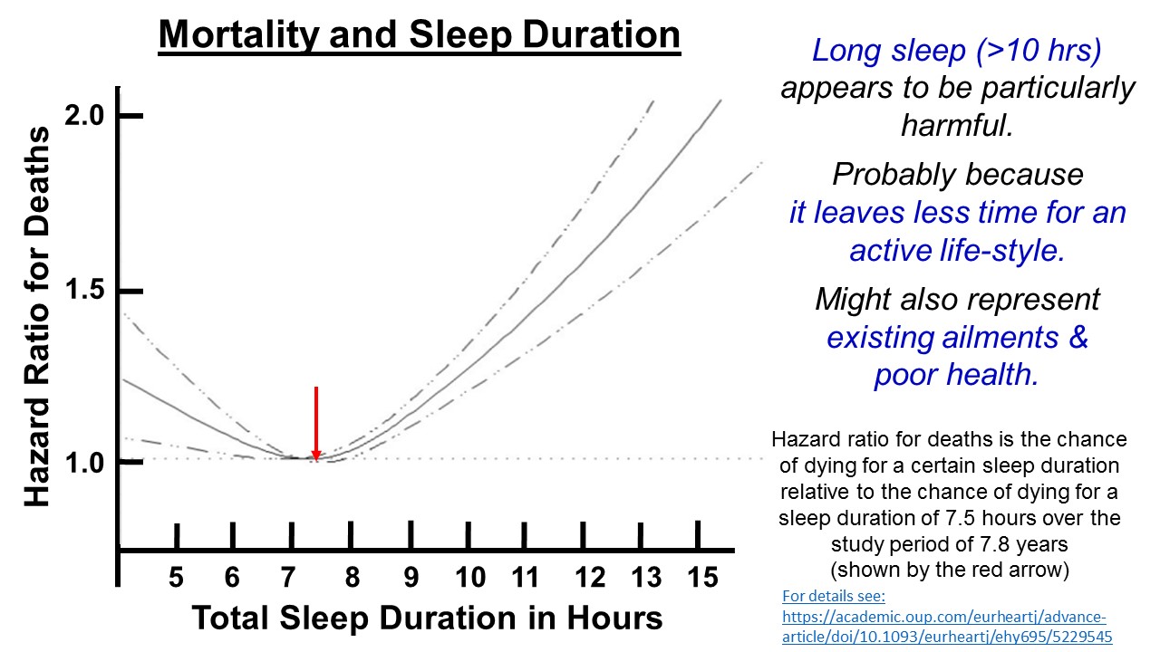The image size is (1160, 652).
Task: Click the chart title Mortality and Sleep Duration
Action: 419,36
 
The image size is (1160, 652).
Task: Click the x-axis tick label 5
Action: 176,578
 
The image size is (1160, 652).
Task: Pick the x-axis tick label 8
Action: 352,578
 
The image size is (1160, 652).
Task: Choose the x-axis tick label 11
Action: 526,578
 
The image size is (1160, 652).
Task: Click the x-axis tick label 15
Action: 701,578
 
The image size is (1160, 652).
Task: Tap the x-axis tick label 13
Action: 645,578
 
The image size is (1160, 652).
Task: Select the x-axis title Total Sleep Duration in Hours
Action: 427,618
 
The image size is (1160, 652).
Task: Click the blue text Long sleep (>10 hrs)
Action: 957,51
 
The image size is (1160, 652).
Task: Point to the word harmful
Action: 957,125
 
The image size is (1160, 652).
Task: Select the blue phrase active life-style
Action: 957,250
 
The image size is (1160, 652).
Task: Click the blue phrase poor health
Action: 957,375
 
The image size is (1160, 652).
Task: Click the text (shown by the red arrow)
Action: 949,570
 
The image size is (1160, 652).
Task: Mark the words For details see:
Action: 832,598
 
